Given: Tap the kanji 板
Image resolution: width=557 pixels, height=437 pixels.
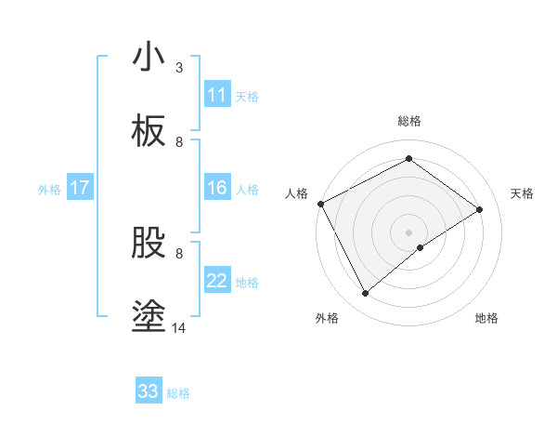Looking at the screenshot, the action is pos(149,131).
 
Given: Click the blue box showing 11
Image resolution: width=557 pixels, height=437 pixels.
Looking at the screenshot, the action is pos(217,95).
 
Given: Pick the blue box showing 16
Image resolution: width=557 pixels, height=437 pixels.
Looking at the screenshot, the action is pos(217,189).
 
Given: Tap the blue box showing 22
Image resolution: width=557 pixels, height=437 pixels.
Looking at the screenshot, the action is pos(217,282).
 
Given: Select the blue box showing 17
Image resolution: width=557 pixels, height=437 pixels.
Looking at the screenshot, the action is pos(80,189).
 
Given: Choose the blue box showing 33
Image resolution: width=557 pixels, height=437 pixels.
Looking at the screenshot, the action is pos(149,391).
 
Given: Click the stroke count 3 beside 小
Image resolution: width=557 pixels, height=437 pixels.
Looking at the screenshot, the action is pos(179,68).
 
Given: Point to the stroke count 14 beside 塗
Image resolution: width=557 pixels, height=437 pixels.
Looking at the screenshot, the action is pos(179,327).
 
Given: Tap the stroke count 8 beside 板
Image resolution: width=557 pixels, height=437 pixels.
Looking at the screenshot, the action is pos(179,142).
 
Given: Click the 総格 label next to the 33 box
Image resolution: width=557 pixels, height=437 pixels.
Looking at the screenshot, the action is pos(178,393).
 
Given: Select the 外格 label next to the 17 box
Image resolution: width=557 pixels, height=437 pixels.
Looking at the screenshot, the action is pos(49,190).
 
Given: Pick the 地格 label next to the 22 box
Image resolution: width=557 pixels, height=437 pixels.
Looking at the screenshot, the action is pos(247,283).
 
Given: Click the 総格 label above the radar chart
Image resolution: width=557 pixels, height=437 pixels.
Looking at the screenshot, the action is pos(408,121).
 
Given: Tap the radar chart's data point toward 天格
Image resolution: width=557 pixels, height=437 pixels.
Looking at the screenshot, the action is pos(480,209).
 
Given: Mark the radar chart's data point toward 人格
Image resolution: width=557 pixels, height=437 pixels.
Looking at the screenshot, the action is pos(320,204).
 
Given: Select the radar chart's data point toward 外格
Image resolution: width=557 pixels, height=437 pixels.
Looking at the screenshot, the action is pos(366,294).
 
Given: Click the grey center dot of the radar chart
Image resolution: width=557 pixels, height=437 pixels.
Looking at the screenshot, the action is pos(408,232).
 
